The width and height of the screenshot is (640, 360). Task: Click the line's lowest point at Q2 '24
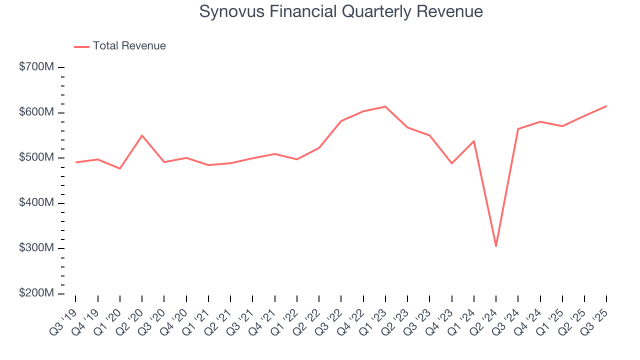(x=496, y=246)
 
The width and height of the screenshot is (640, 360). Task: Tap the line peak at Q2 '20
(x=142, y=135)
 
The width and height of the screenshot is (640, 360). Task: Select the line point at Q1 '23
(x=385, y=106)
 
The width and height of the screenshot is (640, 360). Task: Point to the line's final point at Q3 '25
(x=606, y=106)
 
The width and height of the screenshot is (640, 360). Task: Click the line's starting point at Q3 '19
(x=76, y=162)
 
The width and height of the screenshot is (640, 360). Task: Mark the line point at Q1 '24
(x=473, y=141)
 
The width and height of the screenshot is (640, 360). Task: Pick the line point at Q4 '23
(x=451, y=163)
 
